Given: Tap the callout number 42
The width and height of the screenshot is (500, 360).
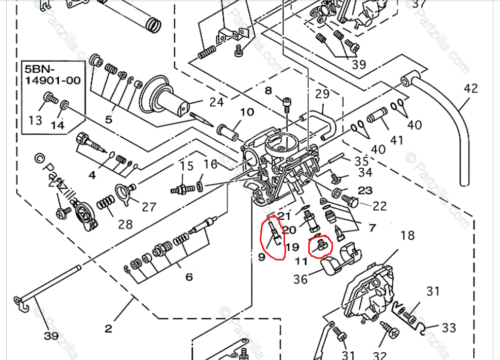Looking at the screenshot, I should pyautogui.click(x=471, y=88).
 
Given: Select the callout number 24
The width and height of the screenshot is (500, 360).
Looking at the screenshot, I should pyautogui.click(x=216, y=102).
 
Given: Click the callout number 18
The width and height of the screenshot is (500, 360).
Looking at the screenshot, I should pyautogui.click(x=407, y=236).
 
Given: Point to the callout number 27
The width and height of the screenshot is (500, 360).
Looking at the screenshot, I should pyautogui.click(x=149, y=207).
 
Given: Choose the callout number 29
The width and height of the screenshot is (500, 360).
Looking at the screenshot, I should pyautogui.click(x=322, y=94).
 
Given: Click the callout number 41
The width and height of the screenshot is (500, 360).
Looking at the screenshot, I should pyautogui.click(x=396, y=140).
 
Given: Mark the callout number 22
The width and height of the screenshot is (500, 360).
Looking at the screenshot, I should pyautogui.click(x=379, y=206).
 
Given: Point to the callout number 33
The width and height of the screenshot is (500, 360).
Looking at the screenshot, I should pyautogui.click(x=448, y=328).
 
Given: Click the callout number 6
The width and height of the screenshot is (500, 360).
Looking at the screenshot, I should pyautogui.click(x=189, y=277).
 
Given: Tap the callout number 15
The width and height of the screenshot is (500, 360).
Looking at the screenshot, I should pyautogui.click(x=187, y=166).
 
